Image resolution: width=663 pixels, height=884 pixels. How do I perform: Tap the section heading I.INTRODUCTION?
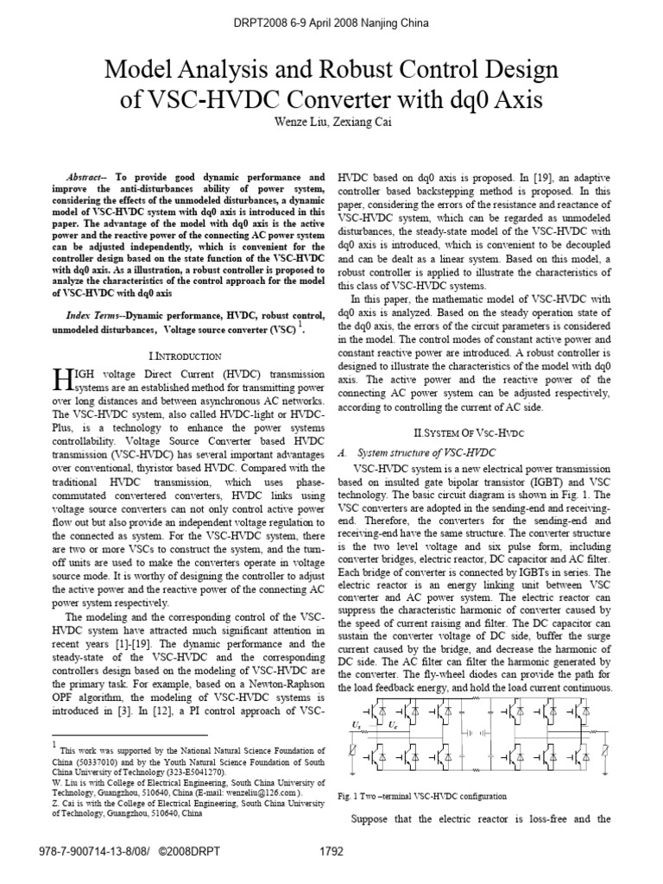click(186, 356)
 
